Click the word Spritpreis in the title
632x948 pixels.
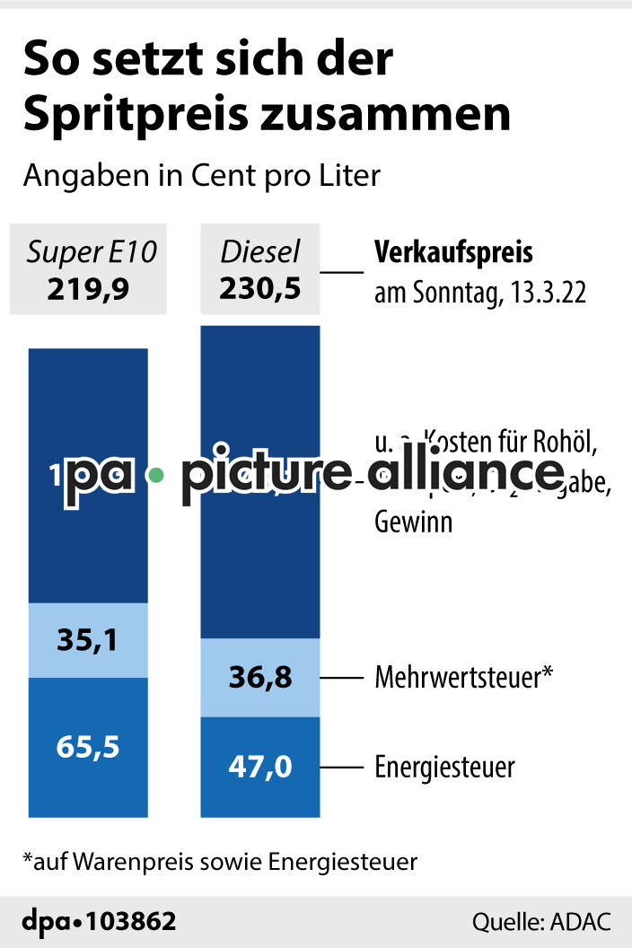[x=122, y=114]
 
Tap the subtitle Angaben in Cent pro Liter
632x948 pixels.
[x=202, y=175]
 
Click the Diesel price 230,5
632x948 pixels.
[x=260, y=289]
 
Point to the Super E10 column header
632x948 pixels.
[x=91, y=253]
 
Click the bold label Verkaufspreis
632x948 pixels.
[x=453, y=253]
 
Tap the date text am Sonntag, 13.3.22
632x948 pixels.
[x=479, y=293]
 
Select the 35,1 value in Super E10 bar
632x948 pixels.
[x=88, y=640]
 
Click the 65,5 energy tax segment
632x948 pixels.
[x=88, y=746]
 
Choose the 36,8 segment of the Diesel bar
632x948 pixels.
[x=260, y=677]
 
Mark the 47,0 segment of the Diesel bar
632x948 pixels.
[x=260, y=768]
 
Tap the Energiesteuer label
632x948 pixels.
[x=444, y=768]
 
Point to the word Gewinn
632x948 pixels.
[x=413, y=522]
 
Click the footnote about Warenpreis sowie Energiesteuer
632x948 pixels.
[x=220, y=862]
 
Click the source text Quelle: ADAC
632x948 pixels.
[x=541, y=922]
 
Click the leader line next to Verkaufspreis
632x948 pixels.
[x=341, y=271]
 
